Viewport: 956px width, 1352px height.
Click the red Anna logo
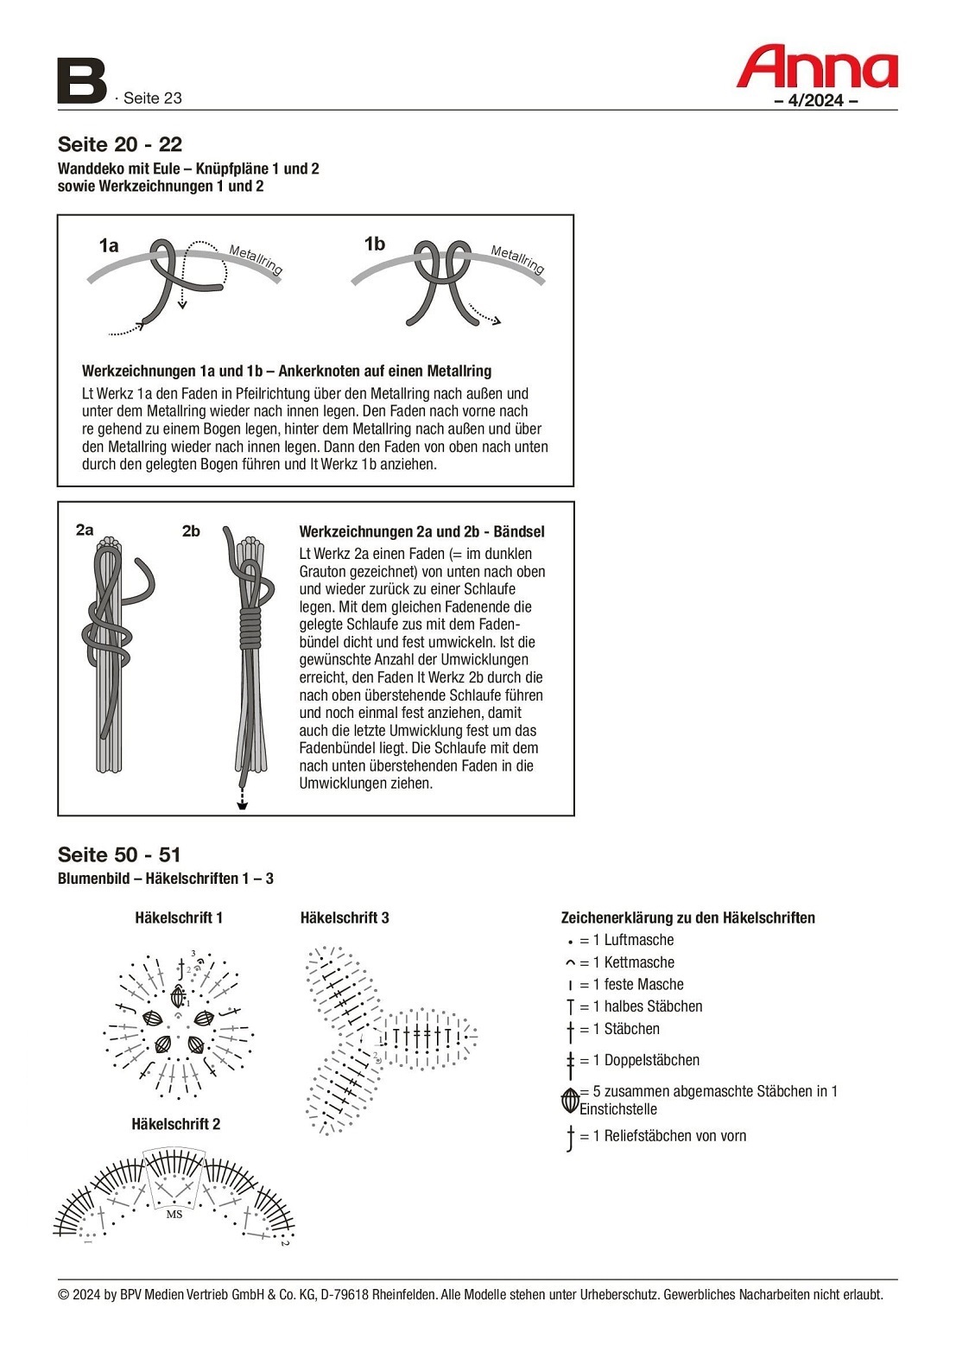(816, 67)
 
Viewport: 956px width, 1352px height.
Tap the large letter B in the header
(81, 81)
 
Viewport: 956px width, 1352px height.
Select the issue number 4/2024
(815, 100)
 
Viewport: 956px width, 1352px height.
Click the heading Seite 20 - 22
(120, 144)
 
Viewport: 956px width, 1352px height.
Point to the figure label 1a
(109, 246)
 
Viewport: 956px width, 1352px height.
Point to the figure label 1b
(375, 244)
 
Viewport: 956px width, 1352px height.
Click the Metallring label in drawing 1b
(517, 259)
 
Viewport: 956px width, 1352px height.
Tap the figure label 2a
(85, 530)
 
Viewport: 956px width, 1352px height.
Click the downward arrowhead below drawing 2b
(243, 804)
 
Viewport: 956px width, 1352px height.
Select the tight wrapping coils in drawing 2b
(250, 627)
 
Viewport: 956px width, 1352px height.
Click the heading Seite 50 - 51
(119, 855)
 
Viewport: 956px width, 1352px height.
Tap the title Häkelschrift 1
(179, 917)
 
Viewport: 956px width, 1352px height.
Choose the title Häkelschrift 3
(345, 917)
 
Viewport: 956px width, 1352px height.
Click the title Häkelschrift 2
(176, 1124)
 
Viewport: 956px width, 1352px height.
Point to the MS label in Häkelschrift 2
(174, 1214)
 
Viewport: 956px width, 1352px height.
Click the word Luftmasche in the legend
(639, 940)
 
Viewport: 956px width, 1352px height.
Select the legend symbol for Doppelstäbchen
(570, 1061)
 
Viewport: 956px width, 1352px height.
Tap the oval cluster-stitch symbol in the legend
(570, 1100)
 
